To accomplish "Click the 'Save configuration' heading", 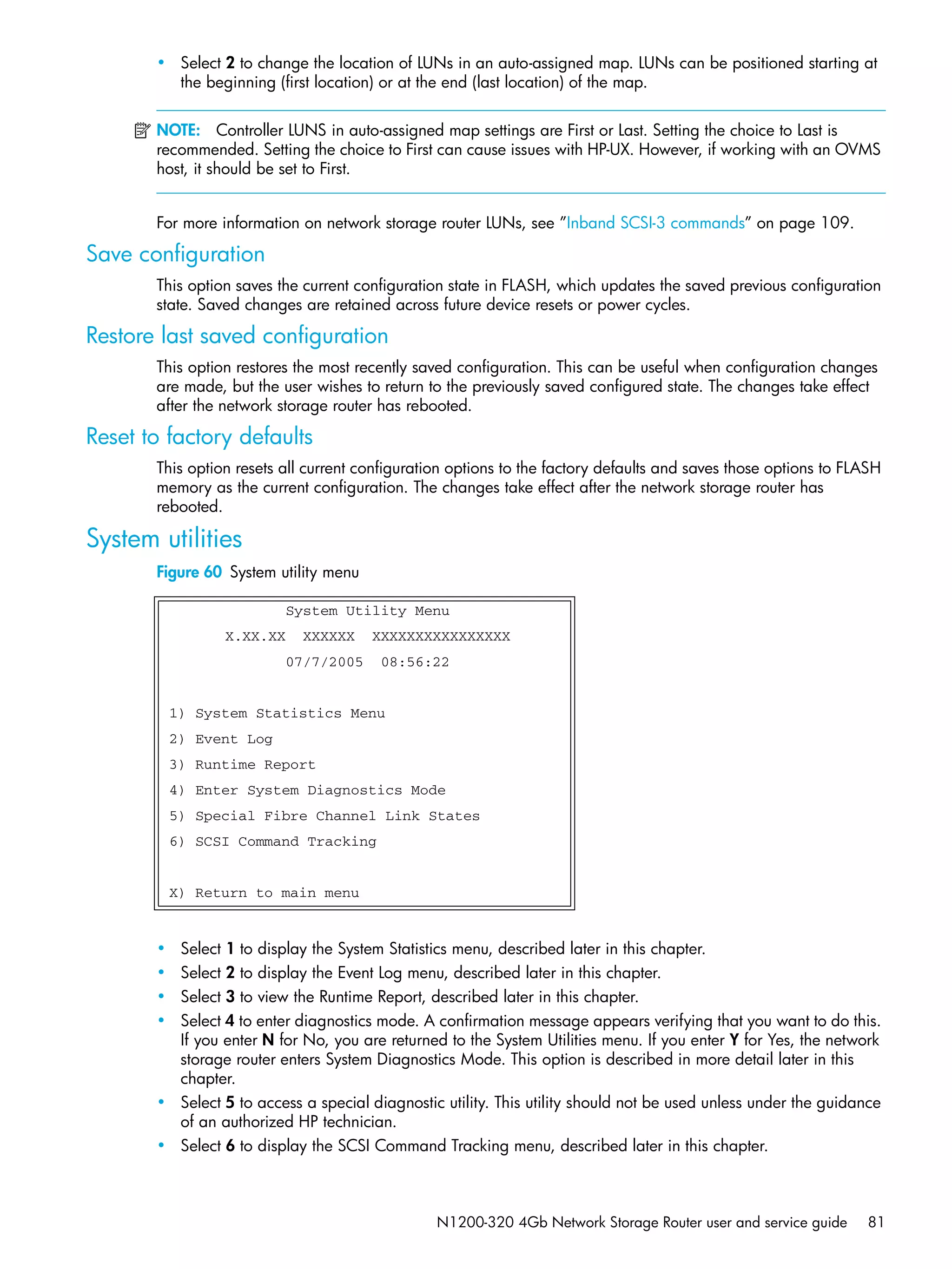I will pyautogui.click(x=175, y=254).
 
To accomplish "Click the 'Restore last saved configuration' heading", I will pyautogui.click(x=237, y=335).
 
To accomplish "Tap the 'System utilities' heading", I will pyautogui.click(x=164, y=539).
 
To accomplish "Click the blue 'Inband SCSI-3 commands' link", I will pyautogui.click(x=655, y=223).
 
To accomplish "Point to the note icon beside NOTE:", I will pyautogui.click(x=142, y=131).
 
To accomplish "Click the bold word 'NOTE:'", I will pyautogui.click(x=178, y=130).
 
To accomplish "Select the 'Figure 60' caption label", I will pyautogui.click(x=189, y=572).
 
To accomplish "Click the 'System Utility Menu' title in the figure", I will pyautogui.click(x=367, y=611).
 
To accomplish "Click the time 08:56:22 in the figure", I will pyautogui.click(x=415, y=662).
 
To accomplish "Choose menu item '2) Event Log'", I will pyautogui.click(x=221, y=739).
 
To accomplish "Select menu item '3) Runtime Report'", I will pyautogui.click(x=242, y=765).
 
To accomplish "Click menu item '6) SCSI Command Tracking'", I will pyautogui.click(x=273, y=842).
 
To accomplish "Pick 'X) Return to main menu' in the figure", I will pyautogui.click(x=264, y=893).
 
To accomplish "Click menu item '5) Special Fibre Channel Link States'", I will pyautogui.click(x=324, y=816).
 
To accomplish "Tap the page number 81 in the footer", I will pyautogui.click(x=875, y=1222).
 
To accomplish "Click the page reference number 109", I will pyautogui.click(x=835, y=223).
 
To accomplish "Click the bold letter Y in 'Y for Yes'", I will pyautogui.click(x=734, y=1040).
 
